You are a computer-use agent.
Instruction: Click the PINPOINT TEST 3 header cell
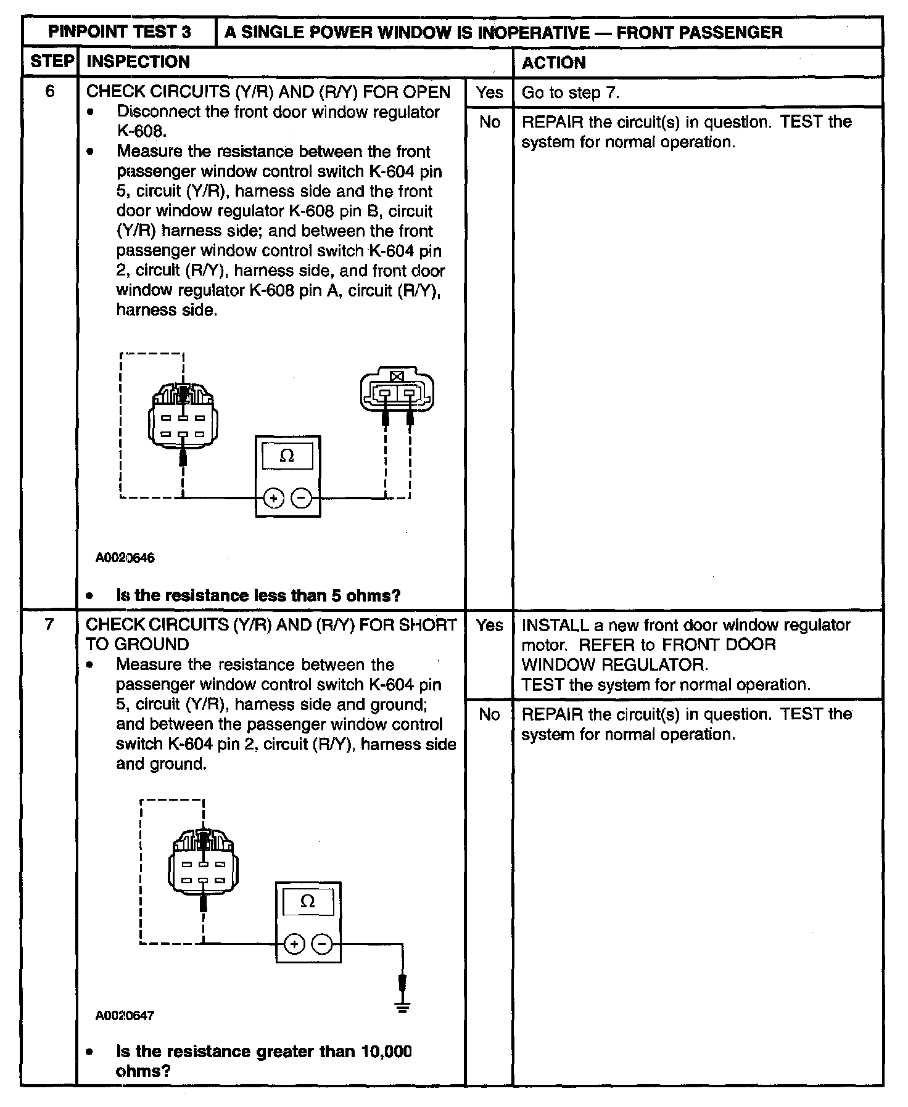[120, 32]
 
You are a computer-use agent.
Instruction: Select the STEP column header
[52, 62]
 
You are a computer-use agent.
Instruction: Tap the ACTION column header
[553, 62]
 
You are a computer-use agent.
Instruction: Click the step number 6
[50, 92]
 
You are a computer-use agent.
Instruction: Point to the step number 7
[50, 625]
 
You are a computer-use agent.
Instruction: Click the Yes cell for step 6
[489, 92]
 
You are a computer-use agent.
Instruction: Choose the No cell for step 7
[489, 714]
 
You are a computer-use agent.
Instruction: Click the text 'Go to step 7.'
[570, 92]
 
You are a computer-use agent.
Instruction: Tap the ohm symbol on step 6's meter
[287, 456]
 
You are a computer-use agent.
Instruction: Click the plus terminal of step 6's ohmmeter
[273, 497]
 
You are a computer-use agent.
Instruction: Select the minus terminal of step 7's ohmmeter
[322, 944]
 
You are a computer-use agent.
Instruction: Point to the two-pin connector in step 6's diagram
[397, 391]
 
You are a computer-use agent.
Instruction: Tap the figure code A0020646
[125, 558]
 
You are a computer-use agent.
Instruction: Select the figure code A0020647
[125, 1015]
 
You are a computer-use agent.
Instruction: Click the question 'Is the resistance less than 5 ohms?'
[258, 595]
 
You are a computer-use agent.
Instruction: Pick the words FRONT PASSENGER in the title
[700, 32]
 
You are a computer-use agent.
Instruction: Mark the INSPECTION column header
[138, 62]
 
